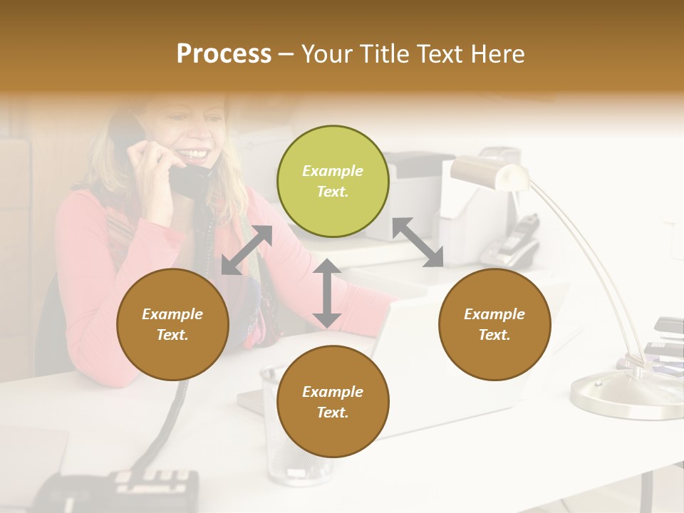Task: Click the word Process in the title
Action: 224,54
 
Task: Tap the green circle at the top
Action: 333,181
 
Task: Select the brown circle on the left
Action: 172,324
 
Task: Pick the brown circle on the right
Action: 494,324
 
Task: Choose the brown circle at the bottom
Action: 333,402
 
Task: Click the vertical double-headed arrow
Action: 327,293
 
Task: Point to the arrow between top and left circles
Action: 247,250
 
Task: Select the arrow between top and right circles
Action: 418,242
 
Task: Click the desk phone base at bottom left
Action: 118,492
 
